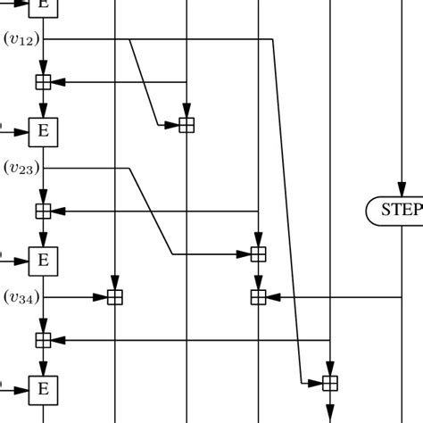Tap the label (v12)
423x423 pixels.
coord(21,38)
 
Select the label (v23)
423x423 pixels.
coord(21,168)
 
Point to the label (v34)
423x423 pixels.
coord(21,296)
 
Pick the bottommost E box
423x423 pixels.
coord(43,388)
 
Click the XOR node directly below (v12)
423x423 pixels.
coord(43,82)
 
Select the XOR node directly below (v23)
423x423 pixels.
coord(43,211)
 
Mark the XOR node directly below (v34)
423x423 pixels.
coord(43,339)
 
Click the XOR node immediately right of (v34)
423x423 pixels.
coord(114,296)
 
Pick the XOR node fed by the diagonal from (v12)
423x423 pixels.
coord(186,125)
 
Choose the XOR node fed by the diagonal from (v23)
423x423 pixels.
coord(257,254)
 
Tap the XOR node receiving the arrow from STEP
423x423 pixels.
coord(257,296)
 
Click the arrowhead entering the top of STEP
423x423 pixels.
coord(401,191)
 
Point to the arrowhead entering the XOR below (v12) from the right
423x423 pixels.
coord(57,82)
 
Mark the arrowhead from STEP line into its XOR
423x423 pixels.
coord(272,296)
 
